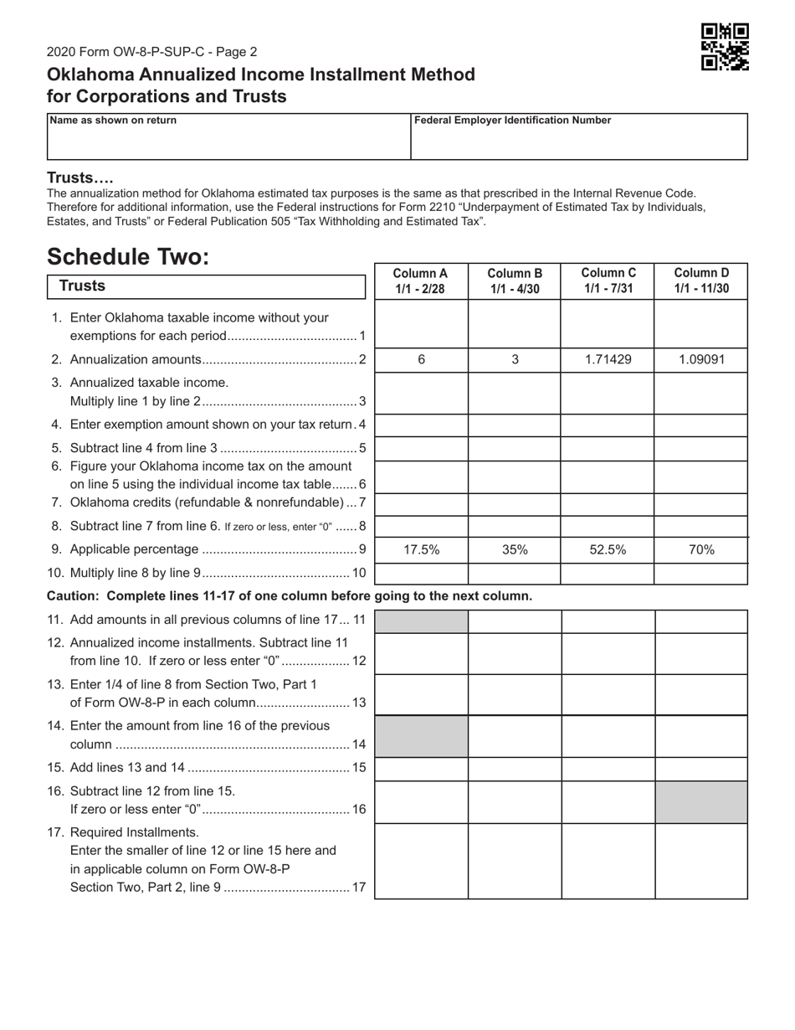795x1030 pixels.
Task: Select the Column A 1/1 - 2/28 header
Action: (x=421, y=281)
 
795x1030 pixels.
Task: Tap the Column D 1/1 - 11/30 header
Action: (x=701, y=281)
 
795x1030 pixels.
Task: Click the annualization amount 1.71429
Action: (x=608, y=359)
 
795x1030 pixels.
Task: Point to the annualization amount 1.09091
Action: (x=701, y=359)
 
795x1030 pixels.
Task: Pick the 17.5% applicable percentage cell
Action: (x=421, y=550)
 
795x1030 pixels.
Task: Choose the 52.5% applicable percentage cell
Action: (x=608, y=550)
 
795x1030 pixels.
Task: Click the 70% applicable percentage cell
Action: (x=701, y=550)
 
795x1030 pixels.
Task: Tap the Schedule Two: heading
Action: (x=127, y=256)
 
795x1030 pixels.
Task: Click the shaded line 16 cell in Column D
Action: (x=701, y=802)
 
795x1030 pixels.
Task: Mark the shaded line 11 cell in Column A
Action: (x=421, y=621)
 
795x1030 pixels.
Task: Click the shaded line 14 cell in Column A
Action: (x=421, y=736)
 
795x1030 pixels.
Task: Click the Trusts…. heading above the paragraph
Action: (x=80, y=178)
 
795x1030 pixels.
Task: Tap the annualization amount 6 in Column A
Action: (x=421, y=359)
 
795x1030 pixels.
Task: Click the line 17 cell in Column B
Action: (x=515, y=861)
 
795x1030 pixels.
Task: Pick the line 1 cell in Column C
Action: (x=608, y=325)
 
